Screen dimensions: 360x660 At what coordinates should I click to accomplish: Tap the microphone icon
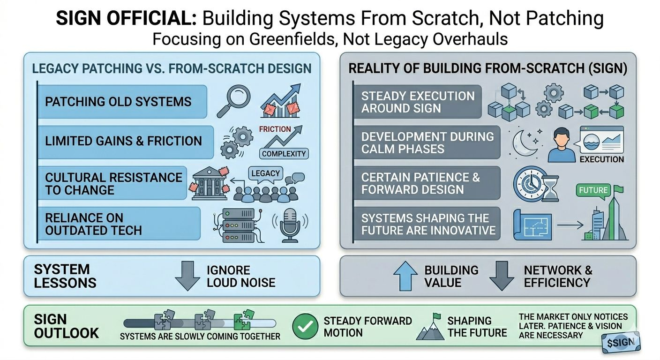(289, 225)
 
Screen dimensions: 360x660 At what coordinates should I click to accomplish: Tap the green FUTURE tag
(593, 190)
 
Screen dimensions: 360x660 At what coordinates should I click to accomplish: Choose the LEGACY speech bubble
(265, 173)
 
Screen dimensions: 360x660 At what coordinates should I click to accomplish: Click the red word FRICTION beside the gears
(275, 129)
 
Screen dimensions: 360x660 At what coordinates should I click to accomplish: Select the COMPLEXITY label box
(284, 153)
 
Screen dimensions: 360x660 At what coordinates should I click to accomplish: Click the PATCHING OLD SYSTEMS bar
(122, 102)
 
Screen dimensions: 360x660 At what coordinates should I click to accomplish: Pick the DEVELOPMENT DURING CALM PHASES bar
(427, 142)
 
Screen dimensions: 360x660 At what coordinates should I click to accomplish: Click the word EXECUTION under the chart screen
(601, 159)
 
